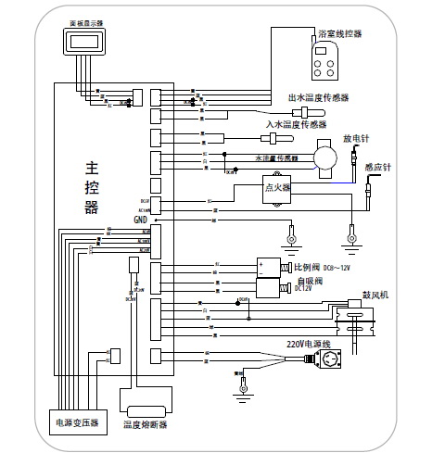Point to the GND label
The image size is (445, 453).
coord(141,220)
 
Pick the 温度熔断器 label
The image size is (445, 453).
coord(146,425)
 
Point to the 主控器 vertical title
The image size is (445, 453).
coord(91,188)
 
